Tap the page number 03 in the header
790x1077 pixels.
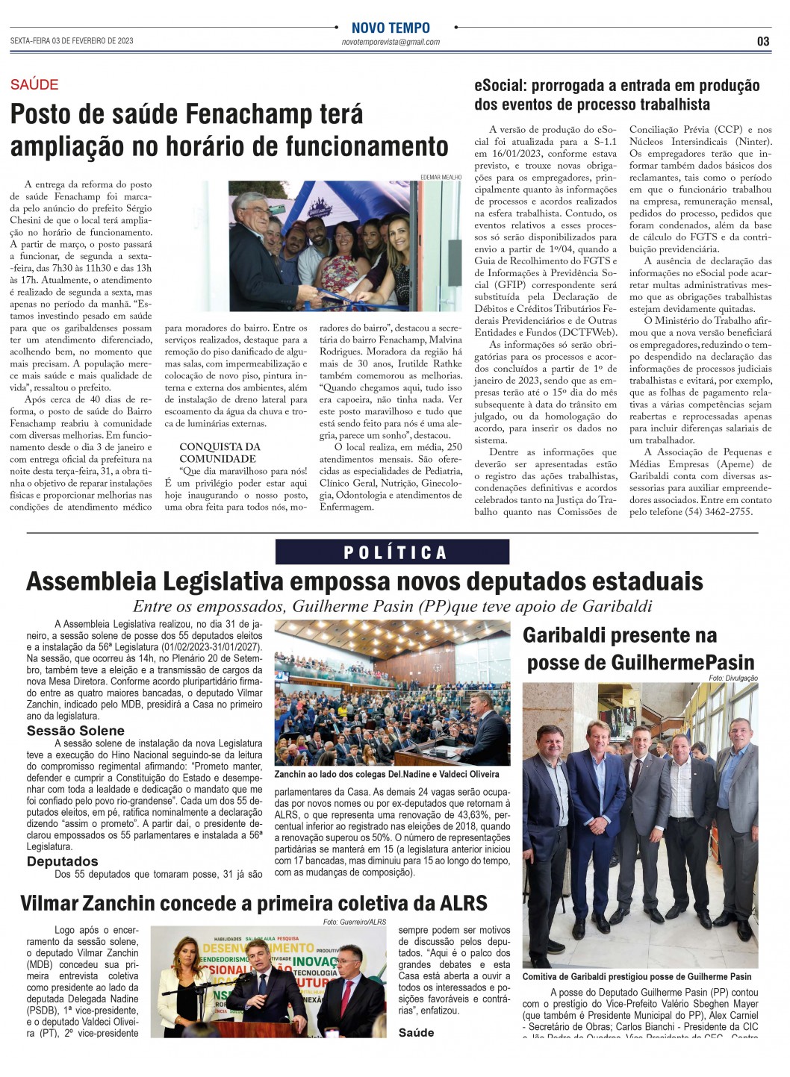click(762, 42)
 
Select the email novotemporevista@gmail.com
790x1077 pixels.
click(391, 43)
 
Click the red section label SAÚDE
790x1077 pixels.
click(34, 85)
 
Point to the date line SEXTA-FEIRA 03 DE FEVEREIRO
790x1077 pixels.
click(72, 41)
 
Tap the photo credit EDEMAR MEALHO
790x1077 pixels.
click(441, 177)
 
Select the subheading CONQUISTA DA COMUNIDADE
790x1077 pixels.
click(220, 452)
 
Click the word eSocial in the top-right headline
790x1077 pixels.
click(500, 86)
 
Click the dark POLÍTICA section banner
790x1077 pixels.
click(393, 552)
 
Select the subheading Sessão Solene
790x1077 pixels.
click(75, 731)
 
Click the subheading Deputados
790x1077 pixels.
click(63, 861)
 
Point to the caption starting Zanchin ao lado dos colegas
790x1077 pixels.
click(386, 774)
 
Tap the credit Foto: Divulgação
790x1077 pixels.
click(733, 678)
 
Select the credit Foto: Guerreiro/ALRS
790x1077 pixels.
click(355, 922)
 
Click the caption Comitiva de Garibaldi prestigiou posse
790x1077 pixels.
click(636, 976)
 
